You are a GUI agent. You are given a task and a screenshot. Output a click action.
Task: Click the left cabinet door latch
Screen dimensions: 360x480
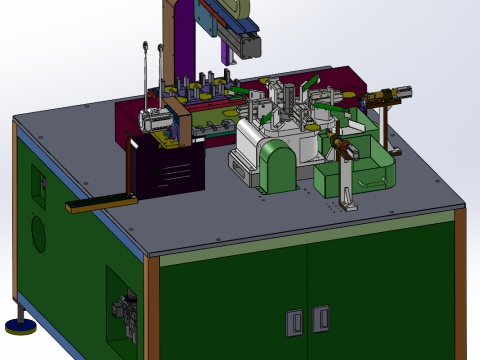[x=294, y=322]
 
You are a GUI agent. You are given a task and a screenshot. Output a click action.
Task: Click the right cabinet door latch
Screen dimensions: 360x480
[x=320, y=318]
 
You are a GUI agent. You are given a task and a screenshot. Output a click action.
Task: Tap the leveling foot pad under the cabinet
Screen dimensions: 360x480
[x=19, y=324]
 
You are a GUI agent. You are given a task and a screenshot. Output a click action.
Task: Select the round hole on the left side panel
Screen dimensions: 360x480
[x=38, y=234]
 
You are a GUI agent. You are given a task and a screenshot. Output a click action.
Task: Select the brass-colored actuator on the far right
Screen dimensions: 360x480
[x=390, y=96]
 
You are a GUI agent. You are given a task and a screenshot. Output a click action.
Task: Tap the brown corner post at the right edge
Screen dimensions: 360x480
[x=460, y=280]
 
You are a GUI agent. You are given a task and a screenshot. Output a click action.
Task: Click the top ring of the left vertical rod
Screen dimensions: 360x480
[x=147, y=45]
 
